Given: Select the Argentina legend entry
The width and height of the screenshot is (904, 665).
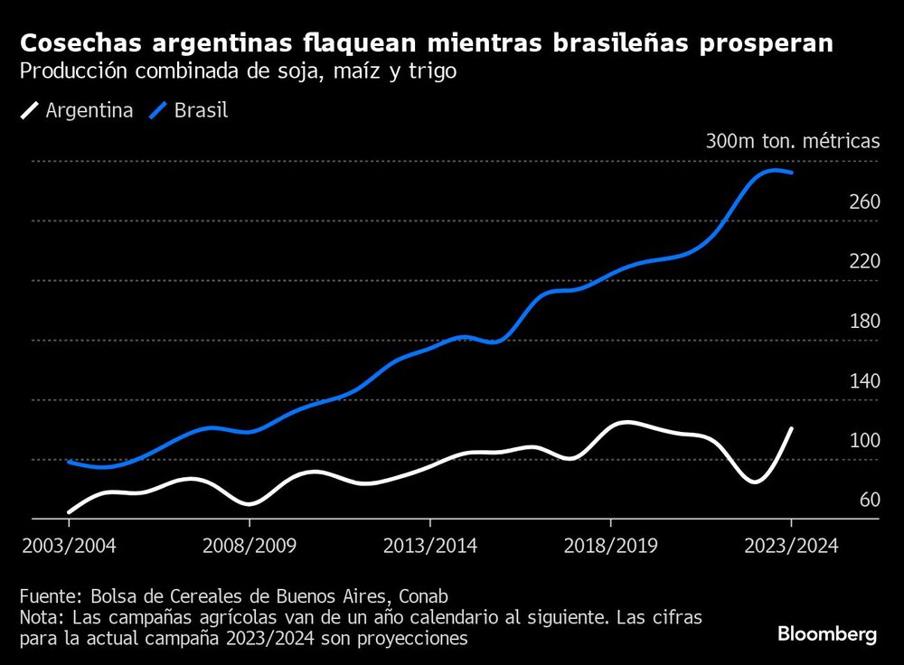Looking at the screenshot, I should tap(77, 111).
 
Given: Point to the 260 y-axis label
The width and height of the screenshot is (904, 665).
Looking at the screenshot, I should tap(865, 202).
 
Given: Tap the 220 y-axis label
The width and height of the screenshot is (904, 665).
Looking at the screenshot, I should tap(865, 262).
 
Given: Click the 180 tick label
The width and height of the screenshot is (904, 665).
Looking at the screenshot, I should tap(865, 322).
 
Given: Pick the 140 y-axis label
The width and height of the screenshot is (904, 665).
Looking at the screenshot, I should tap(865, 381).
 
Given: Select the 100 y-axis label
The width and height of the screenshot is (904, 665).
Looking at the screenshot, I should tap(865, 441).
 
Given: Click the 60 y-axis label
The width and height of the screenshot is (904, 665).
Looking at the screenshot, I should tap(870, 501).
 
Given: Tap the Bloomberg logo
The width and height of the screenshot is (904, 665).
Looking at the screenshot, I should tap(827, 635).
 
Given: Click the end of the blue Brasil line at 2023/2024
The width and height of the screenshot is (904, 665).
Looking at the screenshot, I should tap(792, 173).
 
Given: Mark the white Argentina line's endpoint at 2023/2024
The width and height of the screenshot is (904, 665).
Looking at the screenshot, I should tap(792, 429).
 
